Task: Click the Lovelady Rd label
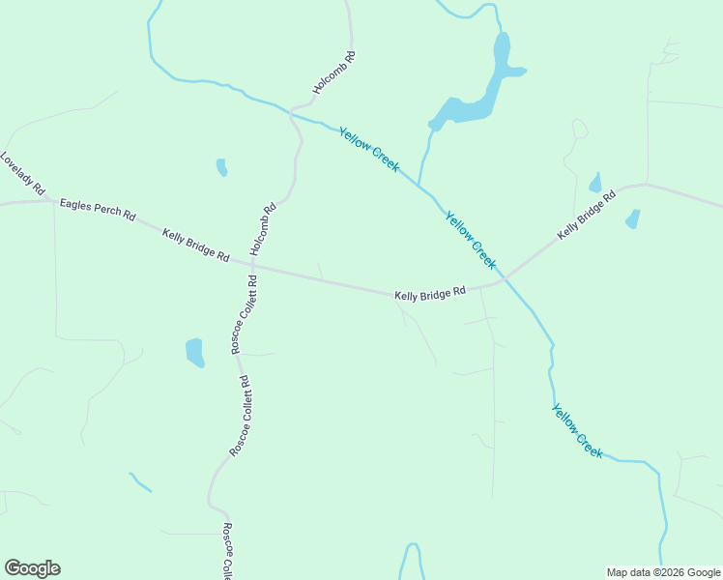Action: pos(23,174)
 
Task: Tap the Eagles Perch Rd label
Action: pos(98,210)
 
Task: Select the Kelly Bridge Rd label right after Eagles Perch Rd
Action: pos(195,246)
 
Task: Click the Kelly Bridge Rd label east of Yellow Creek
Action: pos(586,217)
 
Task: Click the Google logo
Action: pos(32,568)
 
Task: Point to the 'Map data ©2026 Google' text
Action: pos(664,572)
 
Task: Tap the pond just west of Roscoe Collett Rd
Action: pos(195,353)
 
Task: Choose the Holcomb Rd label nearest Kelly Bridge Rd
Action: pos(263,228)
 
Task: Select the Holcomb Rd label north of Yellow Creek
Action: pos(334,72)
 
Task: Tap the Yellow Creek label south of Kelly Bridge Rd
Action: pos(577,431)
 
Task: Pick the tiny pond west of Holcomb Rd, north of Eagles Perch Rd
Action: pos(221,167)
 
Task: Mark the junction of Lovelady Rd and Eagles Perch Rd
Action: pos(51,201)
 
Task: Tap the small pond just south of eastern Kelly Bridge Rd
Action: pos(632,219)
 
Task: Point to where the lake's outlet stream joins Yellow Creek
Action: pos(419,184)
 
